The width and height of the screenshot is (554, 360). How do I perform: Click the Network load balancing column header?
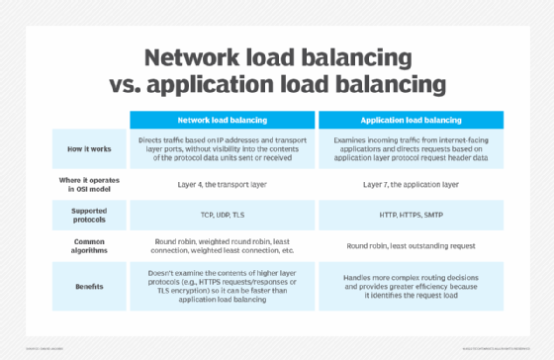coord(223,118)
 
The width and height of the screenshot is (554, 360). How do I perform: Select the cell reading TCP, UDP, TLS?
coord(223,212)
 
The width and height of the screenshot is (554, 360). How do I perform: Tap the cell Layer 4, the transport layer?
coord(223,184)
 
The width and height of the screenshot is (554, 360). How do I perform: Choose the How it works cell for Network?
coord(223,148)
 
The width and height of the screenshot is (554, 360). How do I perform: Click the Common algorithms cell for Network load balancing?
coord(223,243)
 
